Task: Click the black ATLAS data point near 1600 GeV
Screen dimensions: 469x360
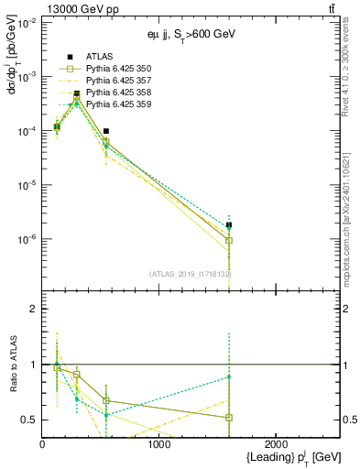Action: pos(229,224)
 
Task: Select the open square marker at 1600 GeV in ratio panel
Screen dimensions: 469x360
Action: pos(229,418)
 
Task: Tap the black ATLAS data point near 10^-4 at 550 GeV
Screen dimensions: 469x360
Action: pos(106,131)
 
